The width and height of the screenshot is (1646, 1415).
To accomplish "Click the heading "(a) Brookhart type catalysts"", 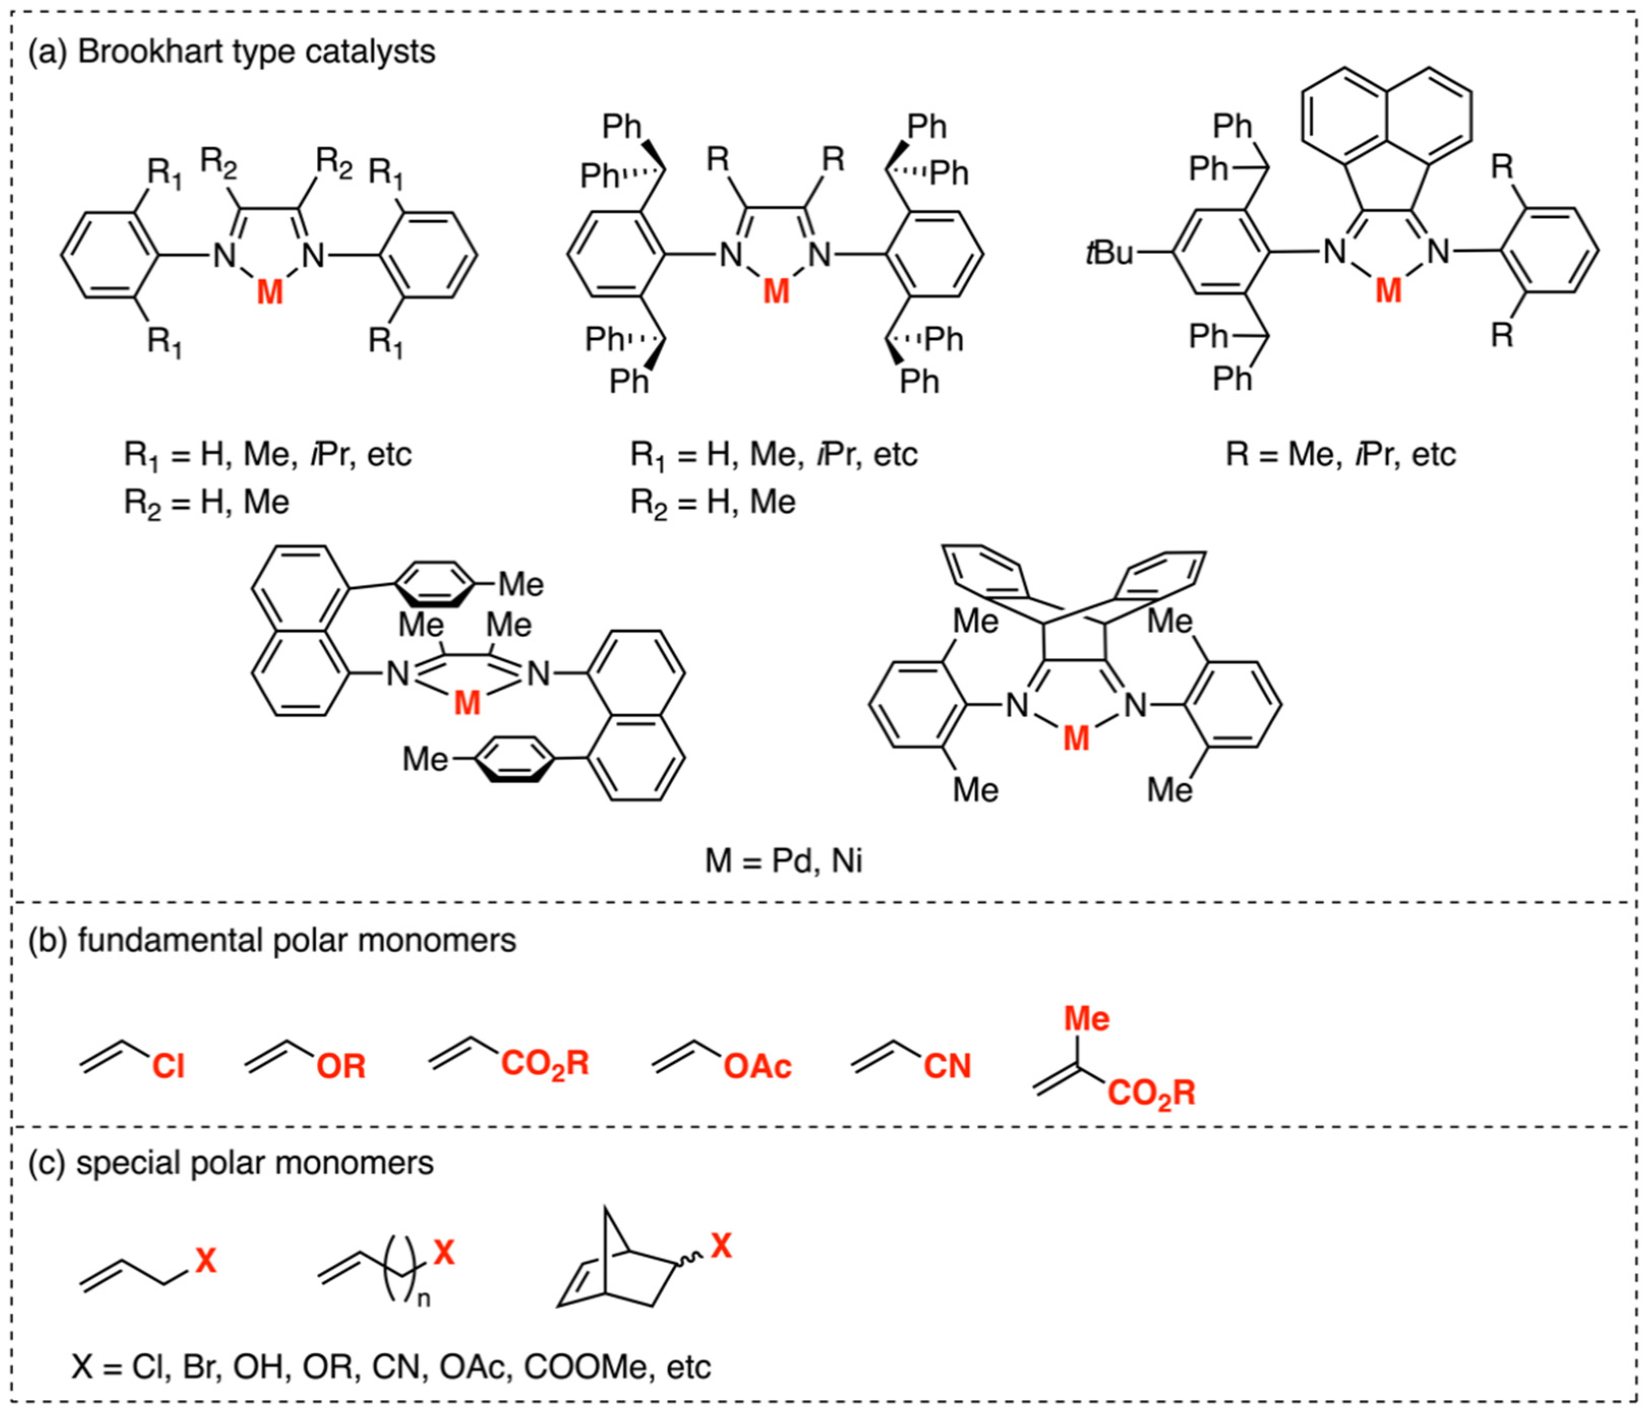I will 232,52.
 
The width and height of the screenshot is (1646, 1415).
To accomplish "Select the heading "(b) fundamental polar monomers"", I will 273,940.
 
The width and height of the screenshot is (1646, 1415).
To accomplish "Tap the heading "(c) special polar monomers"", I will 231,1162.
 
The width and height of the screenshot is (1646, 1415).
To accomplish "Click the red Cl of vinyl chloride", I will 168,1066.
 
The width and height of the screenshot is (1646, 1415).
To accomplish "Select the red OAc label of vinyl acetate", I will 757,1066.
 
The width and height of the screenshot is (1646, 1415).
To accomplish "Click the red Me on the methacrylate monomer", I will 1086,1019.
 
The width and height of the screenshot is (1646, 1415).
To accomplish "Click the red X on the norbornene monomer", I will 721,1246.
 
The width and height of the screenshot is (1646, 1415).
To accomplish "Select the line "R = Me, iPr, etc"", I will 1340,454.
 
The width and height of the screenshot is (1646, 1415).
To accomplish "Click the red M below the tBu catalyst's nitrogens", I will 1388,291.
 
